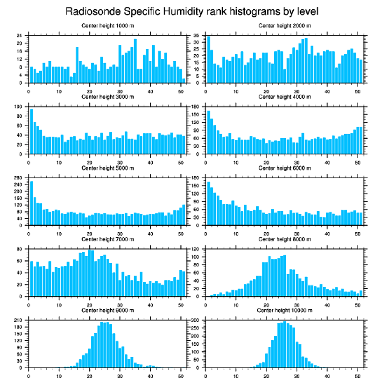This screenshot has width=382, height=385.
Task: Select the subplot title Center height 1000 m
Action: tap(108, 26)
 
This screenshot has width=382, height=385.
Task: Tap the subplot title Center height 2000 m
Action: tap(284, 26)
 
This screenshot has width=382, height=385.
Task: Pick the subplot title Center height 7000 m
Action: tap(108, 239)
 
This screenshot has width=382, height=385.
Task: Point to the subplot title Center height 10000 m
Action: tap(284, 310)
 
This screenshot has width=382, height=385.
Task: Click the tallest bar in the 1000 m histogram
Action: tap(135, 61)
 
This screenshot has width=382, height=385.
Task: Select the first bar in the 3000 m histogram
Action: tap(32, 131)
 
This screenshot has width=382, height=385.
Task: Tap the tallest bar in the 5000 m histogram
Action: tap(32, 203)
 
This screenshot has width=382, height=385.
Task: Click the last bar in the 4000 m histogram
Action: tap(361, 140)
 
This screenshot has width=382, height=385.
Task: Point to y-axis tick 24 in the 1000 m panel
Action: tap(20, 36)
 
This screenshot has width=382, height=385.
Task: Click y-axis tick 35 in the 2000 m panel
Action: tap(197, 36)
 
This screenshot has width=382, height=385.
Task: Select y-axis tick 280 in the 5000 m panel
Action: tap(18, 178)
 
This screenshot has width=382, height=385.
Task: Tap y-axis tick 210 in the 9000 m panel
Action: tap(18, 320)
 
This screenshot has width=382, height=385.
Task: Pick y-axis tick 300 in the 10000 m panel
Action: tap(195, 320)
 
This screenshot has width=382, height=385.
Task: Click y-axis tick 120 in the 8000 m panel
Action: tap(195, 249)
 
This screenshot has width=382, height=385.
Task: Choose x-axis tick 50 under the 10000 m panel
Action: tap(358, 375)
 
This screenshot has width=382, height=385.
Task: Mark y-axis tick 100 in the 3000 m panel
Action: tap(18, 107)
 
